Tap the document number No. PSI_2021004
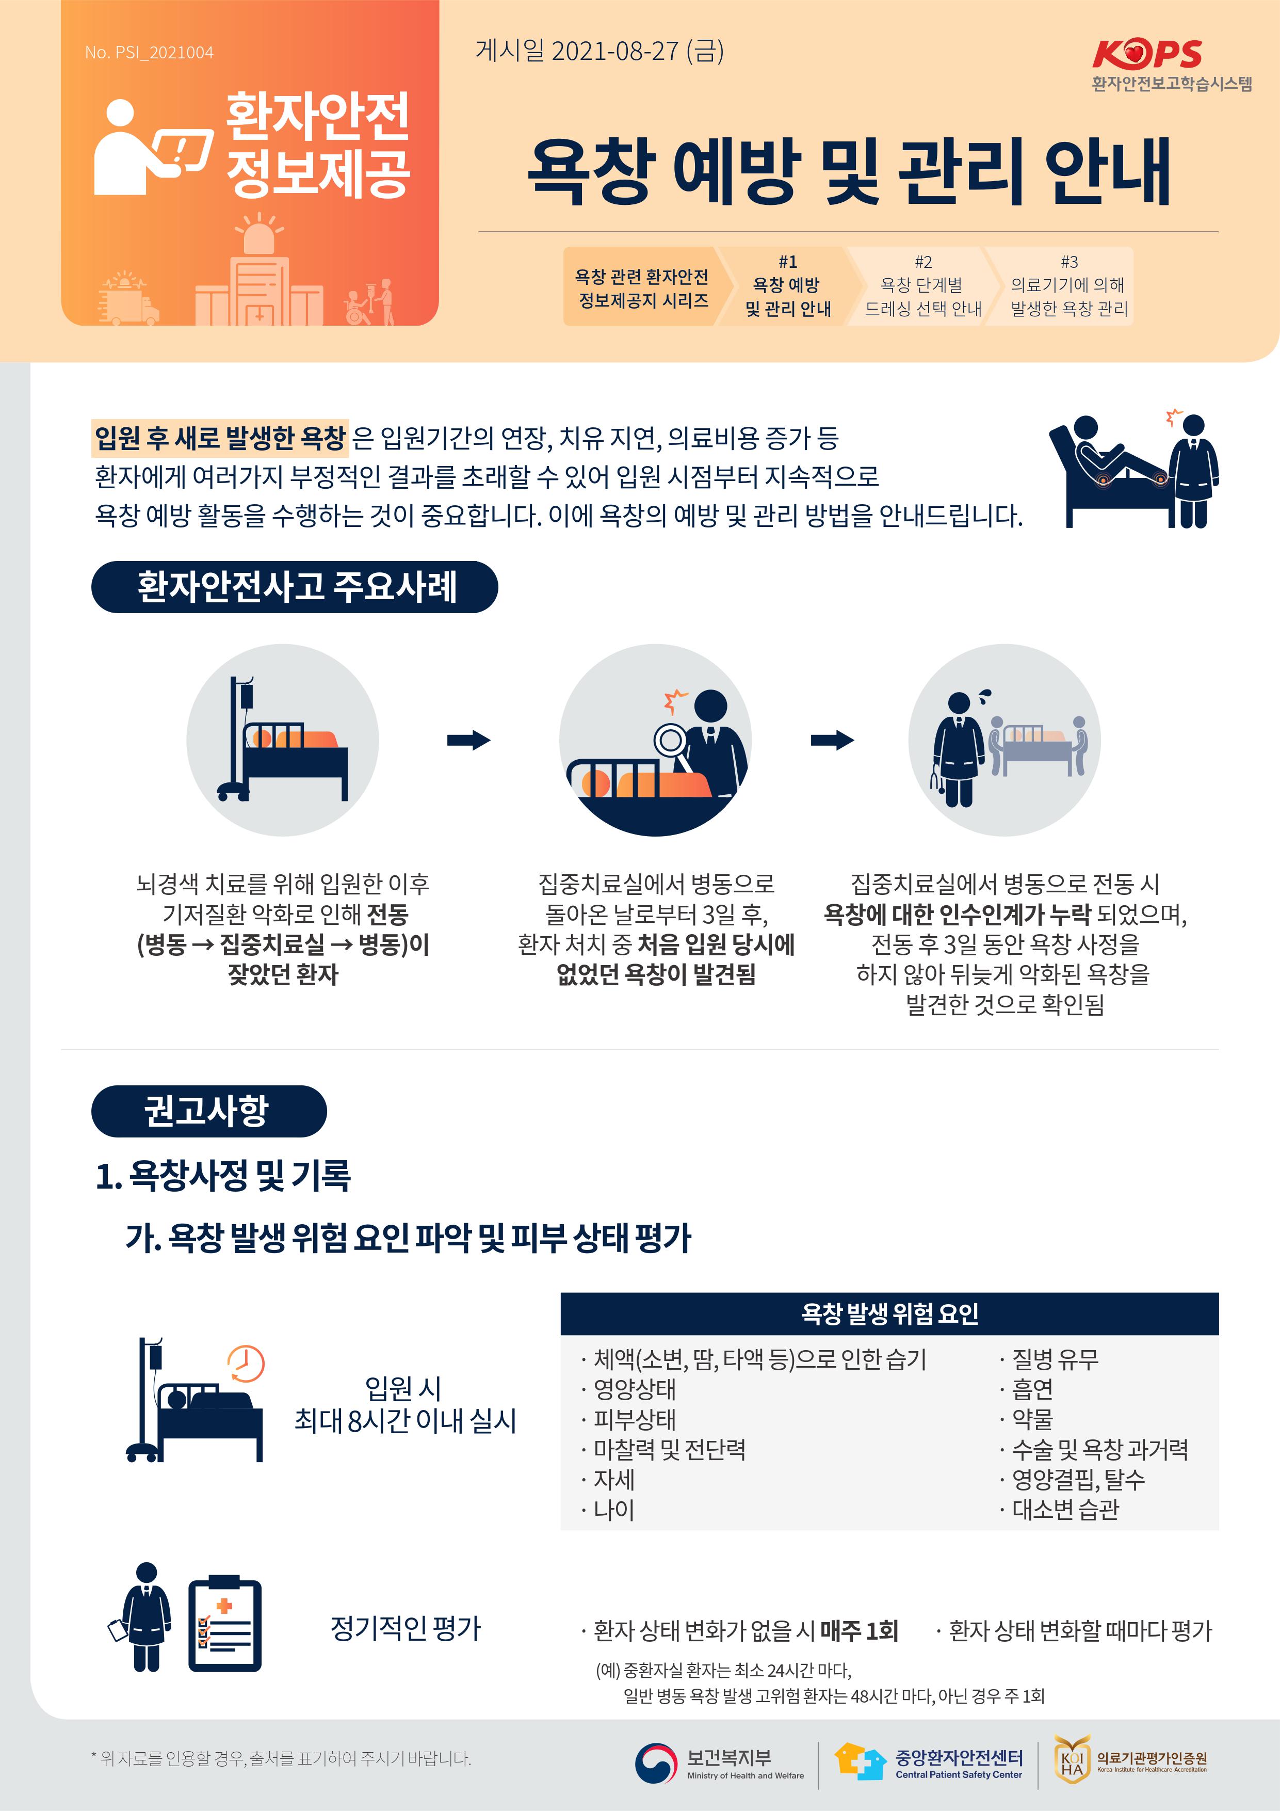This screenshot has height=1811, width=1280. [x=149, y=53]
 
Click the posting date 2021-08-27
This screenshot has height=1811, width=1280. [x=614, y=51]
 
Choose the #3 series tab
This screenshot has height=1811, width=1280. [x=1068, y=285]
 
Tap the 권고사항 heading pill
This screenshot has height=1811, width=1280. [x=209, y=1111]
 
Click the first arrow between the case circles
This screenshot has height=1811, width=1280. [x=468, y=740]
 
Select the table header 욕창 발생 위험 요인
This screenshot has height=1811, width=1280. [x=889, y=1313]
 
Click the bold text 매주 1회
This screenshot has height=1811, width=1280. [x=859, y=1630]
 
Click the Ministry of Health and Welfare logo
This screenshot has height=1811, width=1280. [x=719, y=1764]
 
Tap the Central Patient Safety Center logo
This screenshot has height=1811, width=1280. [x=928, y=1762]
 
